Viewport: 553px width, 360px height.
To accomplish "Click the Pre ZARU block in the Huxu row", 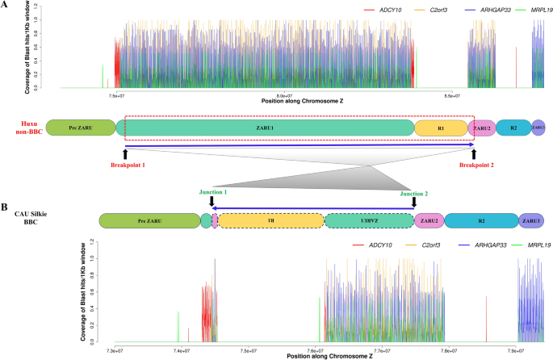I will coord(81,128).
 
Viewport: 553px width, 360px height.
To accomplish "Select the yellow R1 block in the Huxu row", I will coord(441,128).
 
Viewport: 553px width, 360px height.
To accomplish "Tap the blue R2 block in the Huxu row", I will coord(512,128).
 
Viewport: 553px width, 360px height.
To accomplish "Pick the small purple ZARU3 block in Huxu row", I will coord(538,128).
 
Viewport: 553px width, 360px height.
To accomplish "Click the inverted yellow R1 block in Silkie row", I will coord(272,220).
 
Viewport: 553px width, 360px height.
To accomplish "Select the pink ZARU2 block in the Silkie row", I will coord(429,220).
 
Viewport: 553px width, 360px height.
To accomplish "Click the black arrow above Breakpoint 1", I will coord(125,153).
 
